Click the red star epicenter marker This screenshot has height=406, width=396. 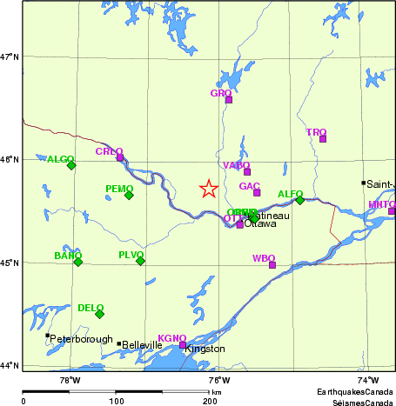pyautogui.click(x=208, y=189)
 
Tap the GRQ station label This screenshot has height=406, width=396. pyautogui.click(x=221, y=92)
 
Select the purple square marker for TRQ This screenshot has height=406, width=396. pyautogui.click(x=323, y=139)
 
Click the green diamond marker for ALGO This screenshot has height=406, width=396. pyautogui.click(x=71, y=165)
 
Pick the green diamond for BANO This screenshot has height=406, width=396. pyautogui.click(x=78, y=262)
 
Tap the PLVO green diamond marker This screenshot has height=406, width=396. pyautogui.click(x=140, y=261)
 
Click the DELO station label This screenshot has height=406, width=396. pyautogui.click(x=91, y=308)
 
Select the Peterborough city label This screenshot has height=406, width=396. pyautogui.click(x=82, y=338)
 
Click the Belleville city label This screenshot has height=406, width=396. pyautogui.click(x=141, y=345)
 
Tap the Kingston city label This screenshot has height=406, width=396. pyautogui.click(x=205, y=349)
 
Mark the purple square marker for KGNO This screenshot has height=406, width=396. pyautogui.click(x=183, y=345)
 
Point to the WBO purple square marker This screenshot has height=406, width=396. pyautogui.click(x=272, y=265)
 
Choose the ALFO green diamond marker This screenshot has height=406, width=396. pyautogui.click(x=300, y=200)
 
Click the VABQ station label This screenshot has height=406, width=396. pyautogui.click(x=236, y=165)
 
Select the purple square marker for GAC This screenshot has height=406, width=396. pyautogui.click(x=257, y=192)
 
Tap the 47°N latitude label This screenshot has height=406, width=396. pyautogui.click(x=10, y=57)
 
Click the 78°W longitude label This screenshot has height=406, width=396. pyautogui.click(x=70, y=380)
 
